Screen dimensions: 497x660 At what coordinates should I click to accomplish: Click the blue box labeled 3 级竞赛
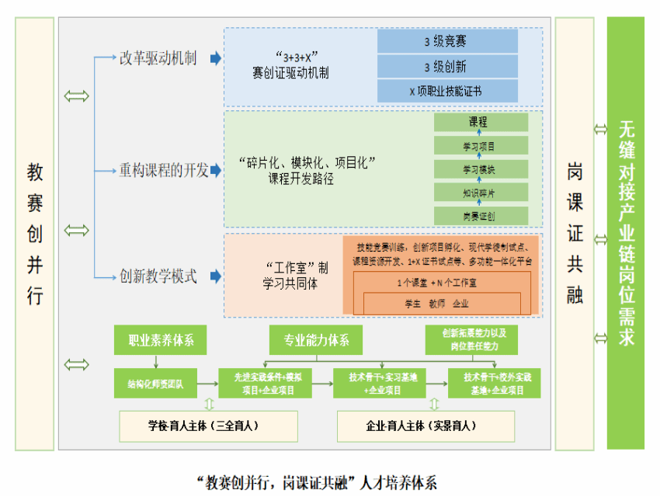pos(447,41)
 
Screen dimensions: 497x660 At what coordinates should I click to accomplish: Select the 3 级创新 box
pos(447,66)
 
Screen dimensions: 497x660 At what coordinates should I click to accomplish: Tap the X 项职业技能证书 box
pos(447,91)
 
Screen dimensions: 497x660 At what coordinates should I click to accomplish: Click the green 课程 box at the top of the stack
pos(481,122)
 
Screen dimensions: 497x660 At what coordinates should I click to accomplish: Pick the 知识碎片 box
pos(481,192)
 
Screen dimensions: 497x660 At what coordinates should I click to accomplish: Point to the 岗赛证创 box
pos(481,215)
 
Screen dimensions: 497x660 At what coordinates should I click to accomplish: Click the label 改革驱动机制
pos(158,58)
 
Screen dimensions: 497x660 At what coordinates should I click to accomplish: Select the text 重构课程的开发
pos(163,171)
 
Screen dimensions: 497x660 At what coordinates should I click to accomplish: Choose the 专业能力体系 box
pos(316,339)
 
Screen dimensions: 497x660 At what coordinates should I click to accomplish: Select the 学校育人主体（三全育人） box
pos(203,426)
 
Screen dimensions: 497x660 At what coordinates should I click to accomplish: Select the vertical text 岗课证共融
pos(575,233)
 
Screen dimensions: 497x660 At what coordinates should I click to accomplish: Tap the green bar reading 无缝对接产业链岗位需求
pos(626,233)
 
